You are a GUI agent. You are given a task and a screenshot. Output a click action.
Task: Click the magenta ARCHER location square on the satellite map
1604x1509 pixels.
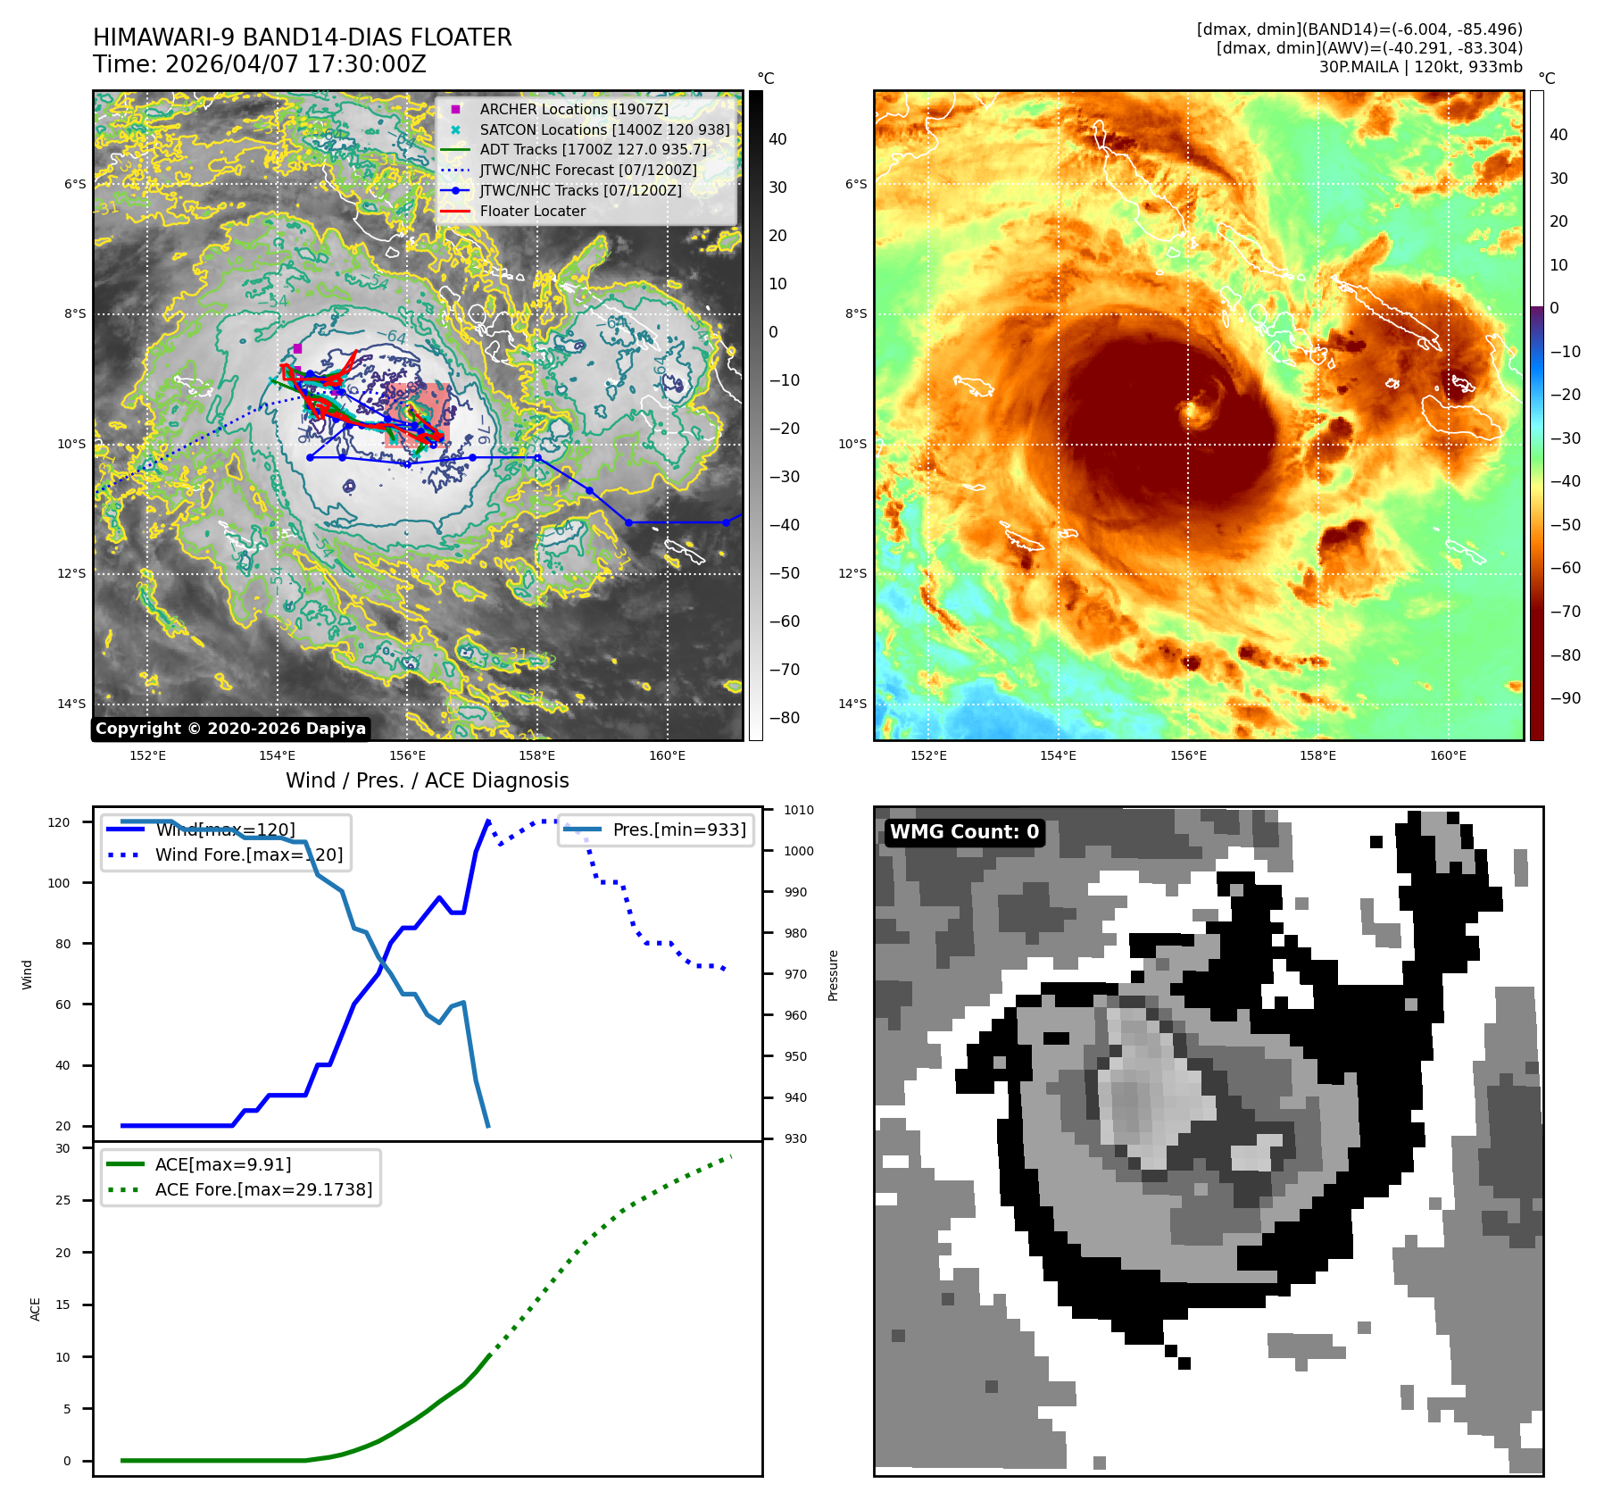coord(297,349)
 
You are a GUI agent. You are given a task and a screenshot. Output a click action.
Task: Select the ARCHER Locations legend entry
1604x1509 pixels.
coord(573,109)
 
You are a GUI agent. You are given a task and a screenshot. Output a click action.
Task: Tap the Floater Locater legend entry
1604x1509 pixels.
coord(532,212)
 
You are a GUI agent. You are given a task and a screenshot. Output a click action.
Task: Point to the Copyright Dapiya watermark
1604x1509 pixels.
coord(230,729)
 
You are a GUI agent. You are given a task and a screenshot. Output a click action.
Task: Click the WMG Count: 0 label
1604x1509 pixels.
coord(964,832)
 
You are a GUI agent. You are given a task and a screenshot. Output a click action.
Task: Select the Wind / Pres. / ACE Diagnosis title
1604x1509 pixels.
coord(427,781)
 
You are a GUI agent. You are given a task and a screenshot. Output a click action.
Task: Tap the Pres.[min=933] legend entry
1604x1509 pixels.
coord(678,830)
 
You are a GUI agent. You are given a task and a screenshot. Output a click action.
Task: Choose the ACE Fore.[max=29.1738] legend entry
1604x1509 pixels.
coord(263,1189)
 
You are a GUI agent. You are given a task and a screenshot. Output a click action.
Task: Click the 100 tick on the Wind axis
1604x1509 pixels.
coord(59,883)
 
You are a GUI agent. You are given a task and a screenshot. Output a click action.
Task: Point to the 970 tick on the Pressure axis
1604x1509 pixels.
coord(795,974)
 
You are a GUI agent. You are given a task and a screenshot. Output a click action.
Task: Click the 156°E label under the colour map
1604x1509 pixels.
coord(1188,756)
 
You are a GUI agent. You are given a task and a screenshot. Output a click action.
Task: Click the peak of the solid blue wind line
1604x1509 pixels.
coord(487,821)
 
